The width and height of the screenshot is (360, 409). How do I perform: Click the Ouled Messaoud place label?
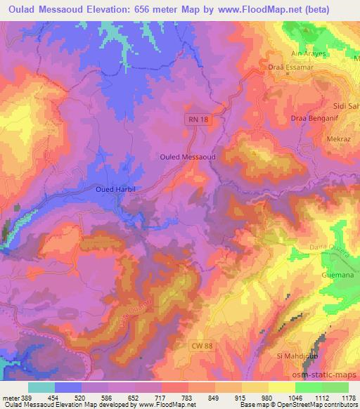[187, 157]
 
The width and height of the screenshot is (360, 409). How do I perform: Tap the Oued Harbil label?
[114, 190]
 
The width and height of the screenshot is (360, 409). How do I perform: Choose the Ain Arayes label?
[309, 53]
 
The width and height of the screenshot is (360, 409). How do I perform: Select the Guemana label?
[337, 275]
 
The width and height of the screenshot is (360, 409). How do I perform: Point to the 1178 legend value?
[345, 396]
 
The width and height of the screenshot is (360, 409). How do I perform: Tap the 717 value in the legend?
[169, 396]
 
